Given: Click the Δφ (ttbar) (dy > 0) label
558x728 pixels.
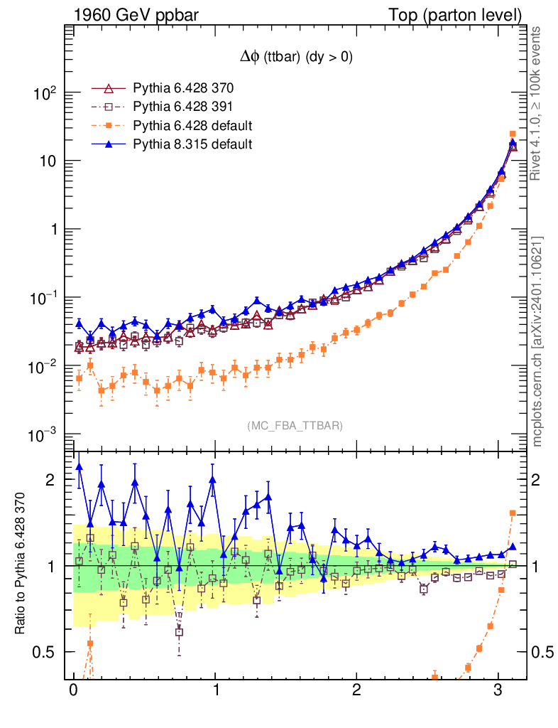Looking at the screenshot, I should pyautogui.click(x=295, y=58).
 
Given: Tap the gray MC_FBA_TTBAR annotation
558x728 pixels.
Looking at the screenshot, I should pyautogui.click(x=295, y=426).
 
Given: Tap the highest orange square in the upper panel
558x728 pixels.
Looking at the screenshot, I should pyautogui.click(x=513, y=134).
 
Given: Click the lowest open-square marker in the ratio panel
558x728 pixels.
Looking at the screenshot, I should pyautogui.click(x=179, y=632).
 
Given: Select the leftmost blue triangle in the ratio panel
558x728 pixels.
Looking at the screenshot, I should pyautogui.click(x=79, y=467).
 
